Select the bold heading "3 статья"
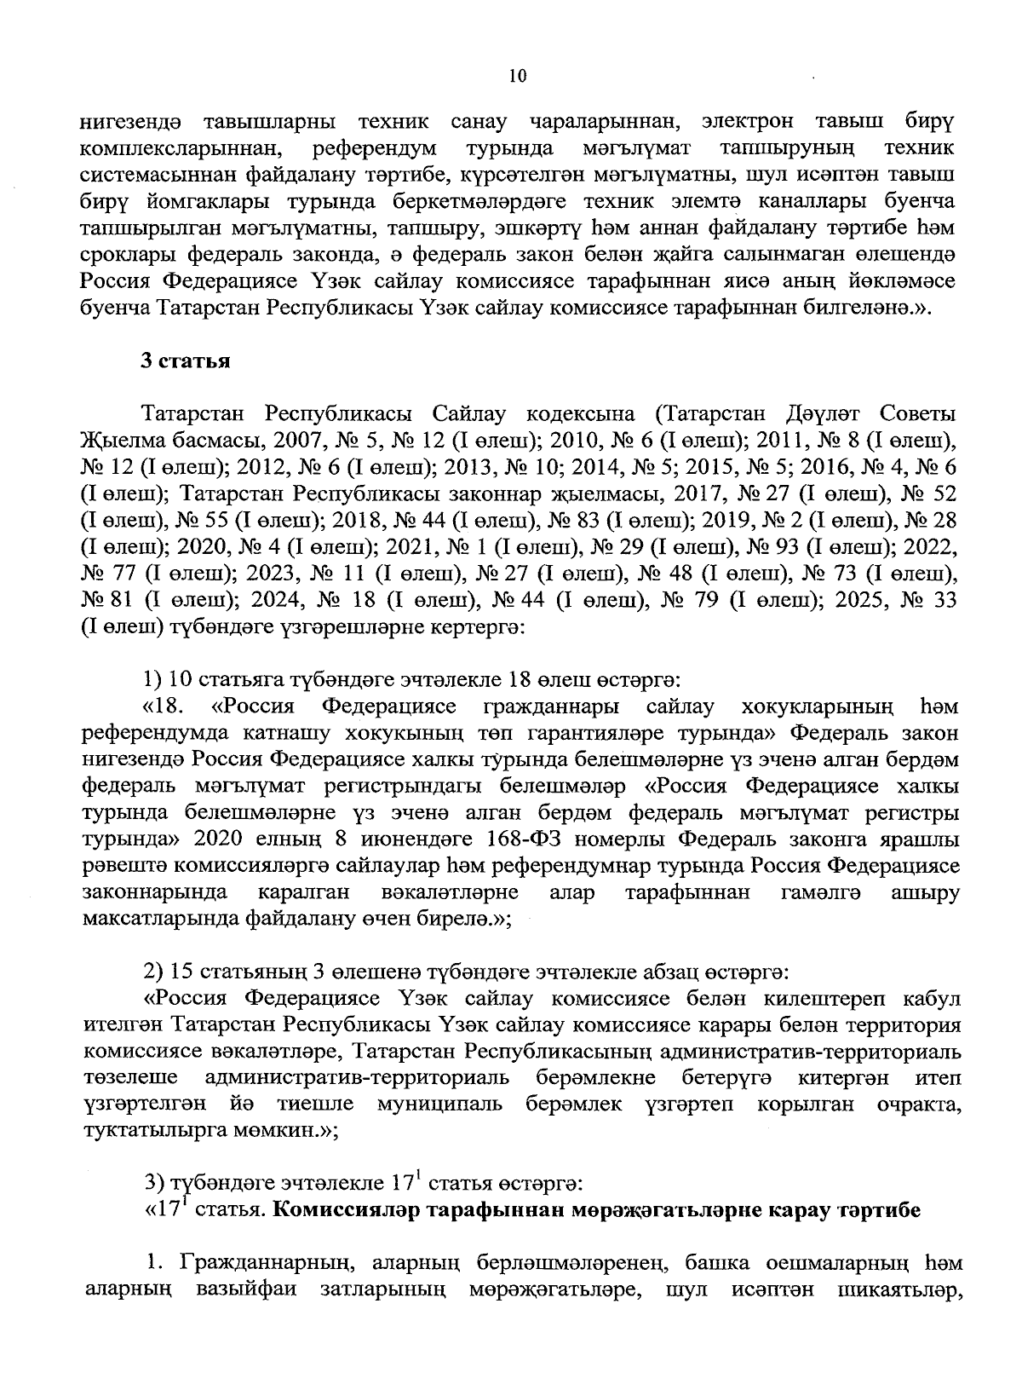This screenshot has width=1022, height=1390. click(x=186, y=360)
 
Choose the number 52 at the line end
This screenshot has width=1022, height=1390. click(x=942, y=495)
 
